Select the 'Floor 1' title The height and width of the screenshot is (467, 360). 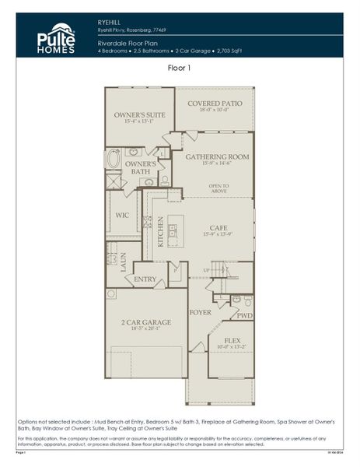point(179,68)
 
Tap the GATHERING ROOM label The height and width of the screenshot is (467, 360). point(217,156)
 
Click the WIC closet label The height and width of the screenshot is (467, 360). point(122,215)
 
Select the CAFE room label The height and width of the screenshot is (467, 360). point(217,228)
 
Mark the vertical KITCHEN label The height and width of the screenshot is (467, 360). point(161,231)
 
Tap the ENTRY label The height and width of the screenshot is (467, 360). point(145,279)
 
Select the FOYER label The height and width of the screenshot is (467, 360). point(201,312)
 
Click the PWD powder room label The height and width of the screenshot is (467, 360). point(243,316)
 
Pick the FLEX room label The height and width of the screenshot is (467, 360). point(232,339)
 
